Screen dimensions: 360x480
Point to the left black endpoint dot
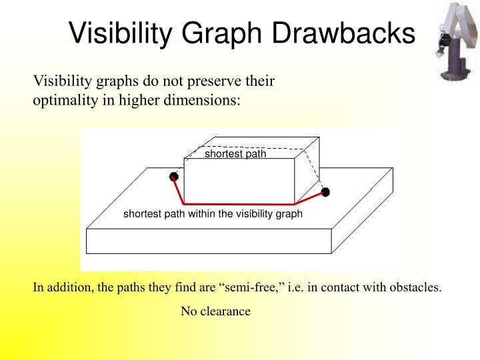tap(174, 177)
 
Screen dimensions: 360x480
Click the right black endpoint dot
tap(325, 192)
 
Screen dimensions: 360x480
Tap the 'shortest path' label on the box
tap(235, 154)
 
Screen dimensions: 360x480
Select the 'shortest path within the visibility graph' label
tap(213, 214)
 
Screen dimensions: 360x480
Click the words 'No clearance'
tap(215, 311)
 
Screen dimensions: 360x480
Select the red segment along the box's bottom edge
tap(239, 203)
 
